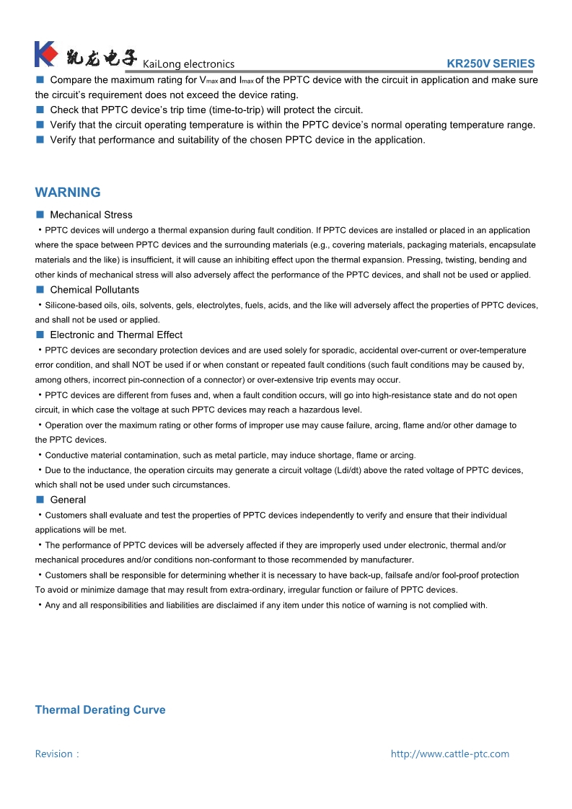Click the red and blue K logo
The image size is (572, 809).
tap(45, 54)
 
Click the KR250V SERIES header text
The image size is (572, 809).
tap(490, 63)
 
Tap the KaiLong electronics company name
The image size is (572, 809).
tap(188, 64)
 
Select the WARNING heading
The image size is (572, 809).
tap(68, 193)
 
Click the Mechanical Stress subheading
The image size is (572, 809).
tap(91, 215)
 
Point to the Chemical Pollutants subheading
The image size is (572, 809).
tap(94, 290)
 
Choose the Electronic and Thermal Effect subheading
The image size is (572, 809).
tap(116, 335)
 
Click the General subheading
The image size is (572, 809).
tap(68, 500)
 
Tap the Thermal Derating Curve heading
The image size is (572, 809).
tap(100, 710)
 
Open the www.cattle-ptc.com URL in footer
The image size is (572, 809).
tap(449, 754)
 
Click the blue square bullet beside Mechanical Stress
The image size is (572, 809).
tap(40, 215)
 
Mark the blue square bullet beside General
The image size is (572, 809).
tap(40, 500)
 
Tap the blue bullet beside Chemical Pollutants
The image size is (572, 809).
tap(40, 290)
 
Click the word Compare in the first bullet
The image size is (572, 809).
tap(70, 80)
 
